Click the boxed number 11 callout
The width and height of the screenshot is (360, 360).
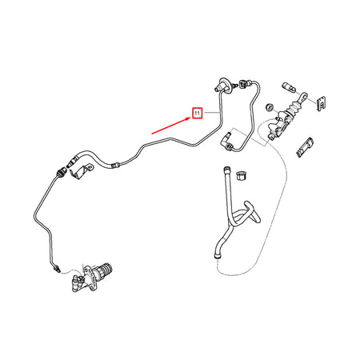(198, 114)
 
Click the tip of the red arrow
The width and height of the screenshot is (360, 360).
(191, 118)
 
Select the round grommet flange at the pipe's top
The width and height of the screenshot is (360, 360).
(224, 86)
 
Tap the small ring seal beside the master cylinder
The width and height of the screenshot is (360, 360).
(270, 106)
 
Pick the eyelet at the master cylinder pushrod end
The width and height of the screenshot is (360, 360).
(302, 96)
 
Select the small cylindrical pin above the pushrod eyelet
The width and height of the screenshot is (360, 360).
(289, 87)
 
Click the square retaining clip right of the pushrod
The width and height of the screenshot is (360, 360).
(322, 103)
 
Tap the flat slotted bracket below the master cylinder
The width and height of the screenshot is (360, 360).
(304, 147)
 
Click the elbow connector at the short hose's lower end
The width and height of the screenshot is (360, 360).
(226, 141)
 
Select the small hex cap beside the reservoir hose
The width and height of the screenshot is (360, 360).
(242, 175)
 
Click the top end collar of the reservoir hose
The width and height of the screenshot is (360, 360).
(226, 170)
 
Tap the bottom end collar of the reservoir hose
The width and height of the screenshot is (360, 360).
(218, 257)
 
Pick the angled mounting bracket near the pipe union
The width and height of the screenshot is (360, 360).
(82, 171)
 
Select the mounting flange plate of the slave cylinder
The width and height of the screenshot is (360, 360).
(90, 278)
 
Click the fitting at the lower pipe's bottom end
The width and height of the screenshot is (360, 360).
(56, 268)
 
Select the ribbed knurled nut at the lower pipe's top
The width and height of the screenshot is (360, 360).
(61, 172)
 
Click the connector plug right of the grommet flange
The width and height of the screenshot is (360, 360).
(245, 83)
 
